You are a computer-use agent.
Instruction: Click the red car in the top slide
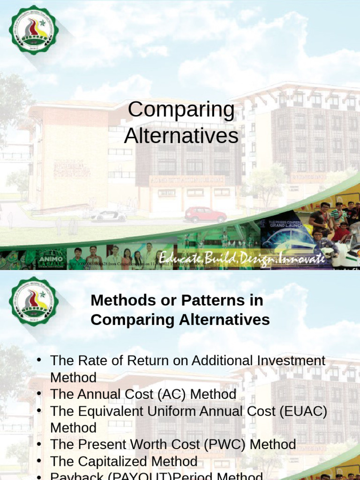(x=205, y=215)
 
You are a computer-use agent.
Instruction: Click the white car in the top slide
(x=109, y=216)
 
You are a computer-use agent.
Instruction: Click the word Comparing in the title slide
(x=181, y=110)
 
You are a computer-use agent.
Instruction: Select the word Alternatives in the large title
(x=181, y=136)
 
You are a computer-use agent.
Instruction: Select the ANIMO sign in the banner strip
(x=51, y=257)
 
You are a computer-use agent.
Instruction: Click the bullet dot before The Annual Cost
(x=40, y=393)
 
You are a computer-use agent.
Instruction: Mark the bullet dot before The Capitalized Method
(x=40, y=460)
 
